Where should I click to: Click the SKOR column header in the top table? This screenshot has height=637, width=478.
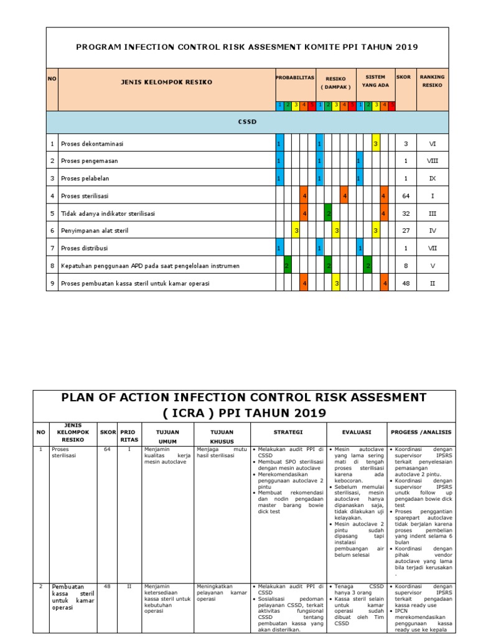[x=404, y=77]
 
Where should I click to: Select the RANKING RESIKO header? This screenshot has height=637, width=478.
[x=433, y=81]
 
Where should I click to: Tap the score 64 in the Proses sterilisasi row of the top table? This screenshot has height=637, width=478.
[x=405, y=196]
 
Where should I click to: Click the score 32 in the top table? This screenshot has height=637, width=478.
[x=405, y=213]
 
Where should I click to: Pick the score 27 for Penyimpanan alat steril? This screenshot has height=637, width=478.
[x=405, y=231]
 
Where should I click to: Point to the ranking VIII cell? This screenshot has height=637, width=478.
[x=433, y=161]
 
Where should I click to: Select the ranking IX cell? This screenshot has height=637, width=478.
[x=433, y=179]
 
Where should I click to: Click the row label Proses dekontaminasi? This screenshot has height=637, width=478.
[x=92, y=144]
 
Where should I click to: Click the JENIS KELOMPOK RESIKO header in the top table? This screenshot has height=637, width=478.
[x=166, y=81]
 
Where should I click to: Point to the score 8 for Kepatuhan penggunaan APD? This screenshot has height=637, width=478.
[x=405, y=266]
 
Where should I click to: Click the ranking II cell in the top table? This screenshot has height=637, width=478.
[x=433, y=283]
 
